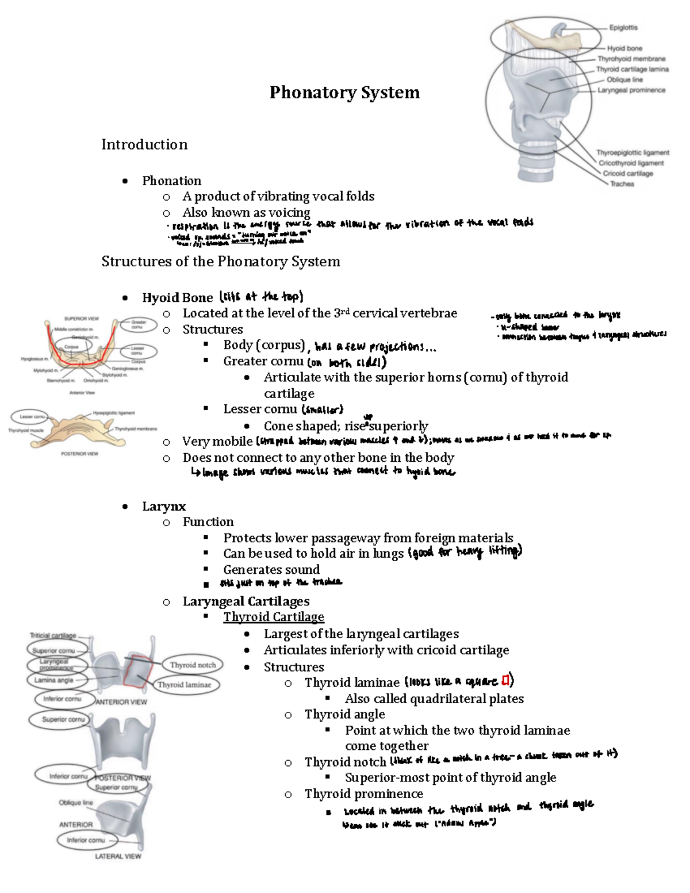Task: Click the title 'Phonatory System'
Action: pyautogui.click(x=344, y=93)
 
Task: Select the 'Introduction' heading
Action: pyautogui.click(x=144, y=144)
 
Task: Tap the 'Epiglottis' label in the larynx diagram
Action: pyautogui.click(x=623, y=28)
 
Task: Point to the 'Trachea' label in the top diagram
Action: pyautogui.click(x=622, y=184)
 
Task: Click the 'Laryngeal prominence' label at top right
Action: pyautogui.click(x=631, y=90)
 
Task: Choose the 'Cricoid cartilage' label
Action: pyautogui.click(x=628, y=174)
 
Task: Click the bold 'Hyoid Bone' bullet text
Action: pyautogui.click(x=177, y=297)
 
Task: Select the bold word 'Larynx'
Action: pyautogui.click(x=164, y=506)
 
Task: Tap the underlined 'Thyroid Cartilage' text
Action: pyautogui.click(x=274, y=617)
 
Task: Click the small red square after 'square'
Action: pyautogui.click(x=505, y=681)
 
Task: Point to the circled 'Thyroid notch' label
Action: pyautogui.click(x=193, y=665)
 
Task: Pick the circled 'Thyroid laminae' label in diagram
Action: pyautogui.click(x=184, y=684)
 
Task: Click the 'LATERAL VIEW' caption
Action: pyautogui.click(x=118, y=856)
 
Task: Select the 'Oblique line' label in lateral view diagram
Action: pyautogui.click(x=75, y=803)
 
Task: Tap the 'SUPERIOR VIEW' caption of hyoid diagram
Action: pyautogui.click(x=82, y=319)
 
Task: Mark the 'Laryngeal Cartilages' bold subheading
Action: pyautogui.click(x=246, y=601)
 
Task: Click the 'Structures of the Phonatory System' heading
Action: pyautogui.click(x=221, y=262)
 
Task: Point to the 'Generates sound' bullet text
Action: pyautogui.click(x=271, y=570)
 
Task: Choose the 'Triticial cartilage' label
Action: pyautogui.click(x=53, y=636)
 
